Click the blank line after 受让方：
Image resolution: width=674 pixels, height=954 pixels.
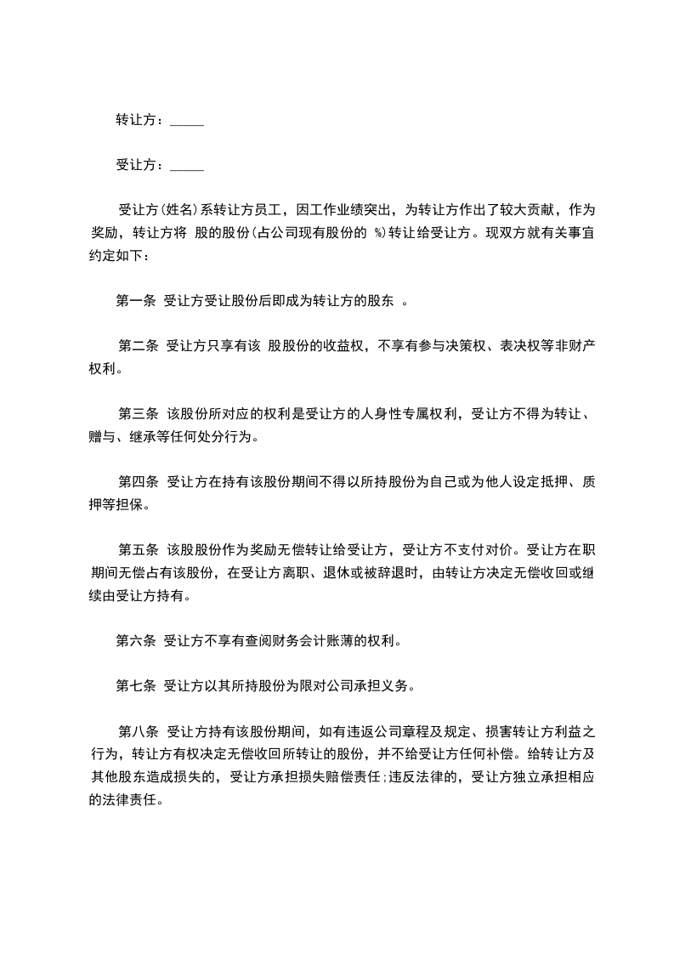[x=187, y=166]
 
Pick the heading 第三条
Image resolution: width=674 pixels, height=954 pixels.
[x=139, y=414]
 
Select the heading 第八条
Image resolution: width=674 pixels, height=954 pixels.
[x=139, y=731]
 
